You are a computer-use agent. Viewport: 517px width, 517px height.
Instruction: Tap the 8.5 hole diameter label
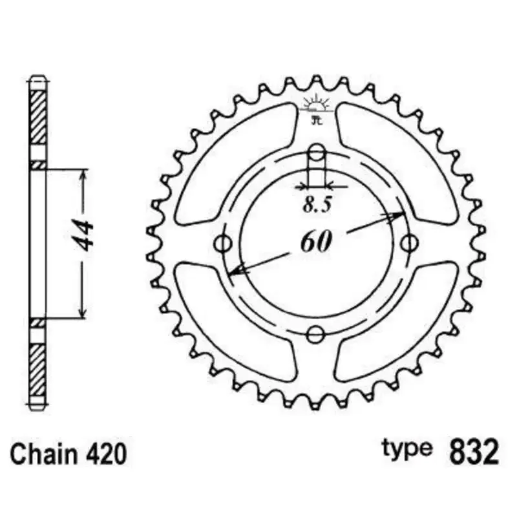(317, 206)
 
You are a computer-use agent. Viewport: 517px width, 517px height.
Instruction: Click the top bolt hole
(316, 153)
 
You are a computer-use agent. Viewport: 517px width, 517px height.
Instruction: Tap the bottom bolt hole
(316, 334)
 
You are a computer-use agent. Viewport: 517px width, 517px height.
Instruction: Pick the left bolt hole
(224, 244)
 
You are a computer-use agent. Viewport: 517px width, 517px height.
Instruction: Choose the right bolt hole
(408, 244)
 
